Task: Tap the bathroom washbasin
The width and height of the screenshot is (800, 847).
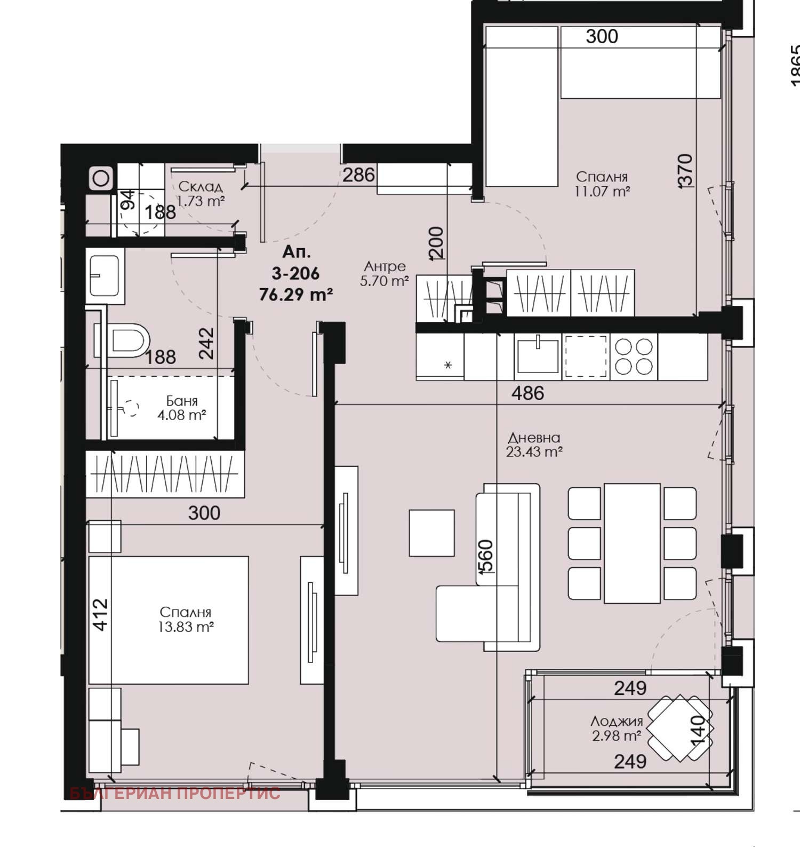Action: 105,275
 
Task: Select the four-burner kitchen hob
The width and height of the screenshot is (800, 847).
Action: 634,357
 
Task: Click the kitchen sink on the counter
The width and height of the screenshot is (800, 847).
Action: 538,355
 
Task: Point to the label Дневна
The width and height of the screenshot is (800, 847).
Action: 534,438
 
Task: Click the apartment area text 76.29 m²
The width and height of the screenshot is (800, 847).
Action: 296,295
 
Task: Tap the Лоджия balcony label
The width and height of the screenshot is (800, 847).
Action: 617,721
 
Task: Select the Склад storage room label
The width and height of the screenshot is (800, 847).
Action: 200,186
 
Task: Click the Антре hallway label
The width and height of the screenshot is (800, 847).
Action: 385,266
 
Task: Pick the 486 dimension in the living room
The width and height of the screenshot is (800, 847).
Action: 527,393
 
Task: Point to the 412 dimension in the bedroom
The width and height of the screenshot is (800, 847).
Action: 100,615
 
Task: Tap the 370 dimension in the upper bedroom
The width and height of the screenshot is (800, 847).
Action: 685,170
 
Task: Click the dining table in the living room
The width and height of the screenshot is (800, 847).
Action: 632,543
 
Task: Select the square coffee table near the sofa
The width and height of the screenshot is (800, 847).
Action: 432,533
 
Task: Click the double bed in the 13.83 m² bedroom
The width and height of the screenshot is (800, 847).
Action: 169,620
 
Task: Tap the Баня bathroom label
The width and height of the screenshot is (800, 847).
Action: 182,401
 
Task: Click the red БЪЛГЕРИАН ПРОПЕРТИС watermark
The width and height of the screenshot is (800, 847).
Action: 175,793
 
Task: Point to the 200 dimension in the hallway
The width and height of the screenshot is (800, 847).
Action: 436,243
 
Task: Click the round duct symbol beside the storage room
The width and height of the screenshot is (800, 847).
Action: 101,178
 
